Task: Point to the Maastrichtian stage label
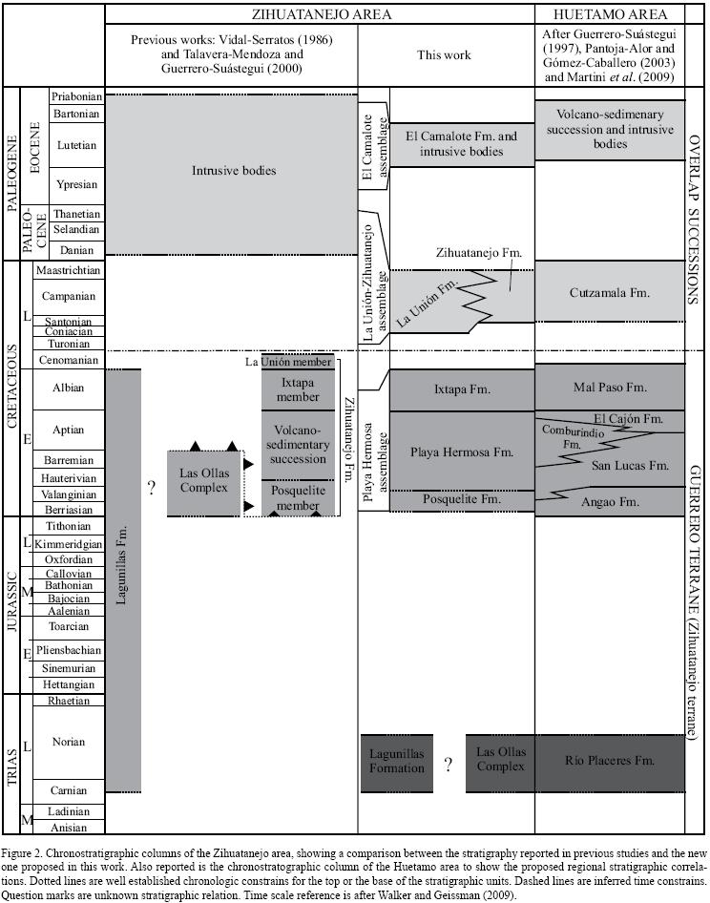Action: (x=68, y=270)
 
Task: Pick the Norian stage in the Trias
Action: (x=68, y=742)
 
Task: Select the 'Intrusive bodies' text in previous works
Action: (x=233, y=171)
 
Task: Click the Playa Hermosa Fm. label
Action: (x=462, y=451)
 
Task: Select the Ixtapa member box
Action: (x=298, y=388)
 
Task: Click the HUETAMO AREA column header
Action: (x=609, y=15)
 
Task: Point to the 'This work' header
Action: (x=444, y=55)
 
